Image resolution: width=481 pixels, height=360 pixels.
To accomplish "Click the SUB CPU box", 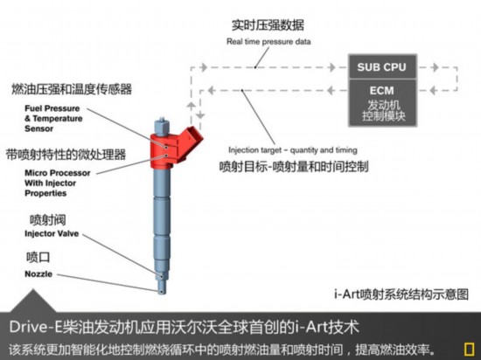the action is point(382,66).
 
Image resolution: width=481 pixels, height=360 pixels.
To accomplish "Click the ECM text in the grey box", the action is point(381,90).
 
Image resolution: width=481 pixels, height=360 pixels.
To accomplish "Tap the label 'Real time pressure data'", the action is point(268,41).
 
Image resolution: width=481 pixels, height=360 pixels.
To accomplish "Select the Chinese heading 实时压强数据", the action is point(268,25).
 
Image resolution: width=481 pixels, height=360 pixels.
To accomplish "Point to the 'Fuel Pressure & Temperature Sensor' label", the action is point(53,118).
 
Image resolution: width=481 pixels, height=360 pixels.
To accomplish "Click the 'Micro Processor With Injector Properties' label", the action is point(58,183).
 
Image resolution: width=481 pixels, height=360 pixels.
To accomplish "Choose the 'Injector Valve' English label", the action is point(52,233).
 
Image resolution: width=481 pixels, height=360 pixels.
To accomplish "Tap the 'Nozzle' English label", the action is point(38,273).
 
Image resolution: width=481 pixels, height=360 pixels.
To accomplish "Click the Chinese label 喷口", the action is point(38,257).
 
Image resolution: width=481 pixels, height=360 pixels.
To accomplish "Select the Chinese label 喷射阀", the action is point(47,219).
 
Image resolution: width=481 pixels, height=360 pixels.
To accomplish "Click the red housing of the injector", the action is point(171,147).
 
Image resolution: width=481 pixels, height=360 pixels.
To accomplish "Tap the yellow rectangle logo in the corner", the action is point(469,350).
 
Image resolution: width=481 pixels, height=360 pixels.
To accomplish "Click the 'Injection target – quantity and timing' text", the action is point(293,150).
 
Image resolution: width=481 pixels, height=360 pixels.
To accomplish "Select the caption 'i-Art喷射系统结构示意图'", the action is point(401,294).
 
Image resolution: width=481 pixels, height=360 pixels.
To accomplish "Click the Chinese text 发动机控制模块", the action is point(383,111).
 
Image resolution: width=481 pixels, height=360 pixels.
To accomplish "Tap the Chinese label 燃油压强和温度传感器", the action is point(72,89).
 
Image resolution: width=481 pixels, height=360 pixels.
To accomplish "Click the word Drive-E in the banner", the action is point(36,327).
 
